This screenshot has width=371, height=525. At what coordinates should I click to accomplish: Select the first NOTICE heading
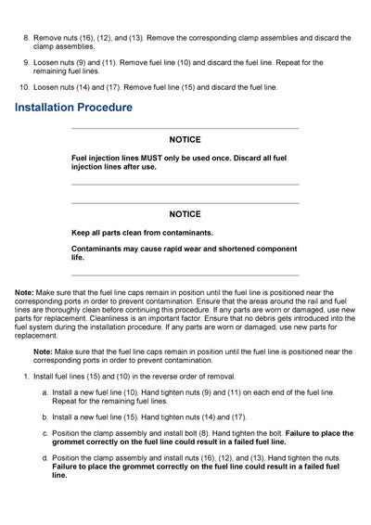tap(185, 140)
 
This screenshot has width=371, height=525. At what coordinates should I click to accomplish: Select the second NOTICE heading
tap(185, 214)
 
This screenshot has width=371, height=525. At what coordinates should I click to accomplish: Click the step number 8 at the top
tap(25, 38)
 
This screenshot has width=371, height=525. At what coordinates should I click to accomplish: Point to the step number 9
tap(25, 63)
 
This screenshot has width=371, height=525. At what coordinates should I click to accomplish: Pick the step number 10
tap(23, 88)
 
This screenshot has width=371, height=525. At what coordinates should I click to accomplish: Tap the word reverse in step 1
tap(147, 377)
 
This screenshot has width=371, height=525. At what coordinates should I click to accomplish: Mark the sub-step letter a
tap(45, 393)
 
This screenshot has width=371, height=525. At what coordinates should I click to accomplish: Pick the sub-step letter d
tap(45, 458)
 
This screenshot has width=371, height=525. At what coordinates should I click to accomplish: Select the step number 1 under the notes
tap(26, 377)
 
